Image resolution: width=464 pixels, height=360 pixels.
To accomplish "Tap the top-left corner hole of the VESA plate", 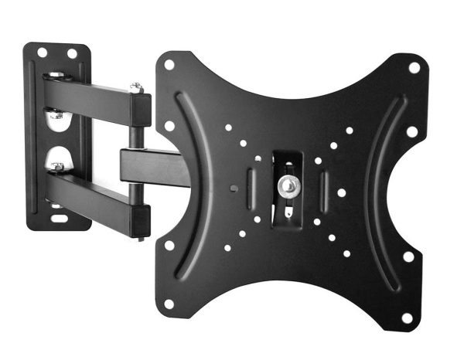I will pos(169,65).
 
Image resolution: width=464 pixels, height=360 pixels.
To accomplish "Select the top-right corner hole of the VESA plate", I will pos(414,67).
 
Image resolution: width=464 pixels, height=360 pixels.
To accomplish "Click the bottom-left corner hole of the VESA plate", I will pos(169,303).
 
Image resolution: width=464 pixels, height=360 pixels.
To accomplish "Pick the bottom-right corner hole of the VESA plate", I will pos(408,317).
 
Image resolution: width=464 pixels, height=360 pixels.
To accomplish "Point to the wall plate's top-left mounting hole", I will pos(43,53).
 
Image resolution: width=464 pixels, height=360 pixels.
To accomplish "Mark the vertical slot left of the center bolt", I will pos(250,185).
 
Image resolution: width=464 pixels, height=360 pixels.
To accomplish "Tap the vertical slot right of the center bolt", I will pos(325,187).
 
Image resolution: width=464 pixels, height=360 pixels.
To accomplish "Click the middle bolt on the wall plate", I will pos(56,116).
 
